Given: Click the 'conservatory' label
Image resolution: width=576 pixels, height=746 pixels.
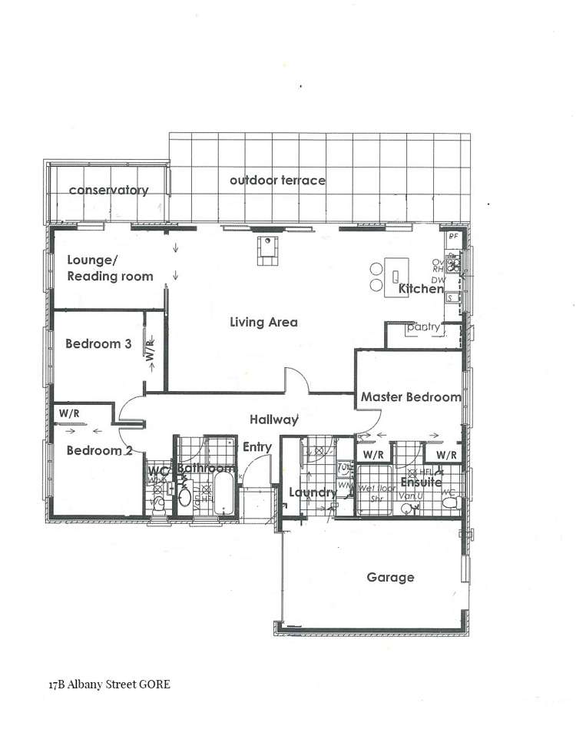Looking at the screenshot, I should (x=108, y=190).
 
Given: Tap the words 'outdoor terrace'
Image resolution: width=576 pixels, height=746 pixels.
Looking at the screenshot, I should (x=277, y=180).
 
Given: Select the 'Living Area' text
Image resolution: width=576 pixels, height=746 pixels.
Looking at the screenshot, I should (x=263, y=322).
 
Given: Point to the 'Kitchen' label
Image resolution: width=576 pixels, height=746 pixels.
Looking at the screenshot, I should (x=421, y=290).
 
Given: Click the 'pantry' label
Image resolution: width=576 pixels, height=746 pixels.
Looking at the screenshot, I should (x=424, y=327).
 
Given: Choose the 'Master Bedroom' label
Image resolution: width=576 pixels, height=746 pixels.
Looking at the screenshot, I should (x=411, y=397).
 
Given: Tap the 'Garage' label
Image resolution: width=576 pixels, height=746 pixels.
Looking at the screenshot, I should (x=390, y=577).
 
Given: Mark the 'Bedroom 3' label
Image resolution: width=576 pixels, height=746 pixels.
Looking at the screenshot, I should (x=98, y=343).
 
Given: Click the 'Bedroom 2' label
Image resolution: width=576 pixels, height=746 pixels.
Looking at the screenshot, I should (x=94, y=450).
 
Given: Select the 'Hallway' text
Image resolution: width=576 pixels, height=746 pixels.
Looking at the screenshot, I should (x=273, y=419).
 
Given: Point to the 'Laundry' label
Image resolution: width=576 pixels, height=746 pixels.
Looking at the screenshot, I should (x=313, y=492).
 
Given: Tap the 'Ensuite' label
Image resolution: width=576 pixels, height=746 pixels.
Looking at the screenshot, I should (x=421, y=482).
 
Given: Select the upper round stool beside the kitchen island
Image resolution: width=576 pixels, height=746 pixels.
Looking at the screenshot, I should (x=376, y=270).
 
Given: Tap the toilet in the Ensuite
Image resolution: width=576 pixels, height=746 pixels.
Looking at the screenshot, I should (x=452, y=502).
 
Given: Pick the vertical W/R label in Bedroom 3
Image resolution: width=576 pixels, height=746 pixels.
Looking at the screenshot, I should (x=151, y=352).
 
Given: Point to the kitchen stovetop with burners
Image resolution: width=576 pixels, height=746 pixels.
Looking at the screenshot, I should (x=455, y=264).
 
